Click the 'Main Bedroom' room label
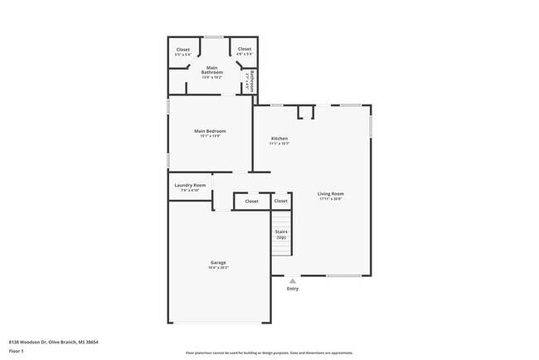pyautogui.click(x=210, y=131)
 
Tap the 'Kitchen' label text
pyautogui.click(x=279, y=138)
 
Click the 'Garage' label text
pyautogui.click(x=218, y=263)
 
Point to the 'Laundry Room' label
pyautogui.click(x=190, y=185)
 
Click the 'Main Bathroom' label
pyautogui.click(x=211, y=70)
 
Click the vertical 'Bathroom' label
pyautogui.click(x=250, y=80)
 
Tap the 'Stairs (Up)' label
pyautogui.click(x=281, y=234)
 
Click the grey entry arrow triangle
pyautogui.click(x=292, y=281)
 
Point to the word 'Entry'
pyautogui.click(x=292, y=289)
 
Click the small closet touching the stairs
pyautogui.click(x=281, y=201)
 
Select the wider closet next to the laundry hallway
pyautogui.click(x=251, y=201)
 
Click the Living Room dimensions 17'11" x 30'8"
pyautogui.click(x=331, y=199)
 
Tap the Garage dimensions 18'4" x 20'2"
pyautogui.click(x=218, y=268)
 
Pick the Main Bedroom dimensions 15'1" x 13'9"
pyautogui.click(x=210, y=136)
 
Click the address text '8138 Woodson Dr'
pyautogui.click(x=31, y=341)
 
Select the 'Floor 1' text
pyautogui.click(x=16, y=351)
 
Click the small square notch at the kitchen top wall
pyautogui.click(x=305, y=111)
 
